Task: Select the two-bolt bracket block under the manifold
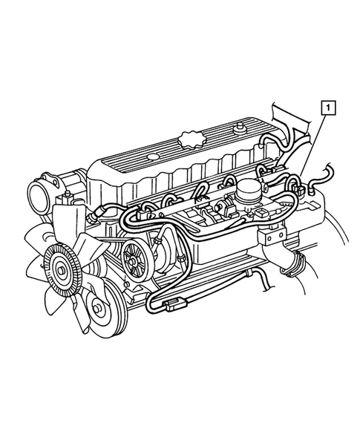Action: (x=273, y=236)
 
